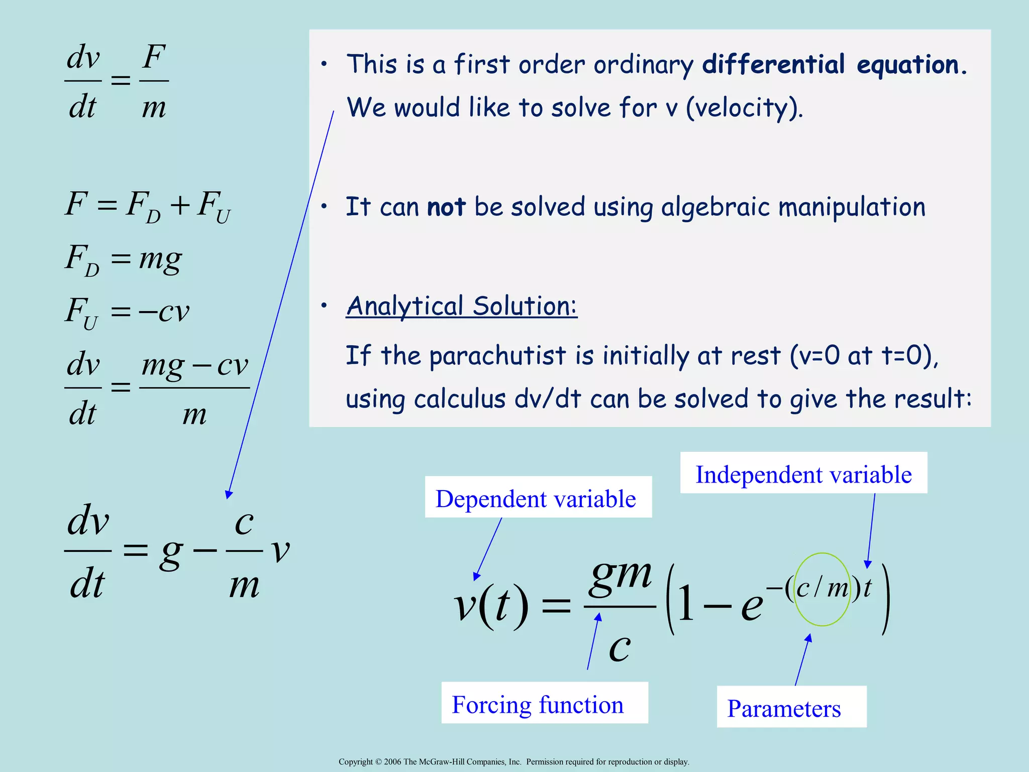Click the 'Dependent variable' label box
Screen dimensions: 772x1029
point(538,497)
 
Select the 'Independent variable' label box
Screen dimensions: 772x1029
point(803,473)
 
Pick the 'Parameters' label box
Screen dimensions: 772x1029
point(791,707)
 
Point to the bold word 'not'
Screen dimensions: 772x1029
point(446,207)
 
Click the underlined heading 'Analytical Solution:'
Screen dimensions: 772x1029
point(462,306)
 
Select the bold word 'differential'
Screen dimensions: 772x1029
point(773,64)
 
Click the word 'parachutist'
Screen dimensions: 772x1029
point(498,355)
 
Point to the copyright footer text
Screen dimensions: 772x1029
point(513,761)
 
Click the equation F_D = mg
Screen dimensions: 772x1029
point(124,260)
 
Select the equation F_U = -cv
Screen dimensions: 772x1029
point(127,312)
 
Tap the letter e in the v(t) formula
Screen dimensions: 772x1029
point(752,605)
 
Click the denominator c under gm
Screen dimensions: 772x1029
point(620,647)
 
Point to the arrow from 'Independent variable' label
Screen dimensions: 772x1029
point(871,530)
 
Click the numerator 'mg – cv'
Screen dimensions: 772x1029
point(194,365)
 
